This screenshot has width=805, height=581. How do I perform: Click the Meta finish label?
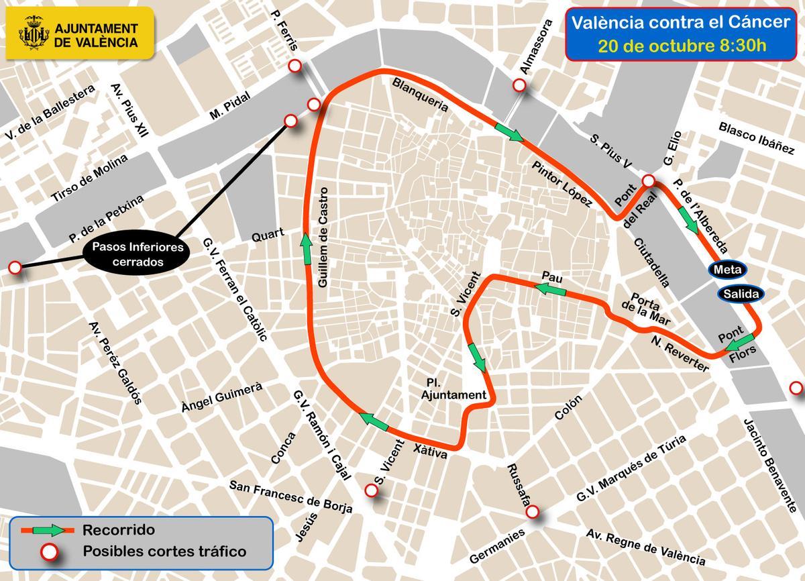[727, 270]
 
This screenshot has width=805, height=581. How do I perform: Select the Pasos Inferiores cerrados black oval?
[133, 254]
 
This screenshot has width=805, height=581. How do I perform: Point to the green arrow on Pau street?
[549, 289]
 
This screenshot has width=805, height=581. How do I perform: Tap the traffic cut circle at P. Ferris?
[293, 66]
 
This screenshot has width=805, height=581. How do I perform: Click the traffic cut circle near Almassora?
[519, 85]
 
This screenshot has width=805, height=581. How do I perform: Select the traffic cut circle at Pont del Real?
[648, 181]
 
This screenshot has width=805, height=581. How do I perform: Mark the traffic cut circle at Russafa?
[532, 512]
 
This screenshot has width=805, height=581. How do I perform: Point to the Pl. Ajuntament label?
[451, 388]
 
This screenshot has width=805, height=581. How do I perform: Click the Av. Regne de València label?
[646, 547]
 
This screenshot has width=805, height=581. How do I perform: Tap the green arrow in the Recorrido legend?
[61, 530]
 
